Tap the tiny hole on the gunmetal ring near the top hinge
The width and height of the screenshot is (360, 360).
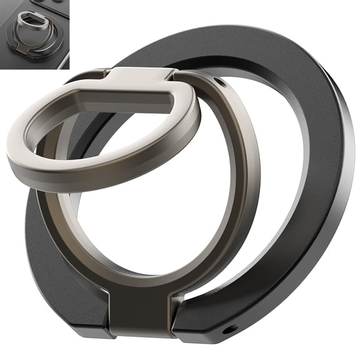218,82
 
